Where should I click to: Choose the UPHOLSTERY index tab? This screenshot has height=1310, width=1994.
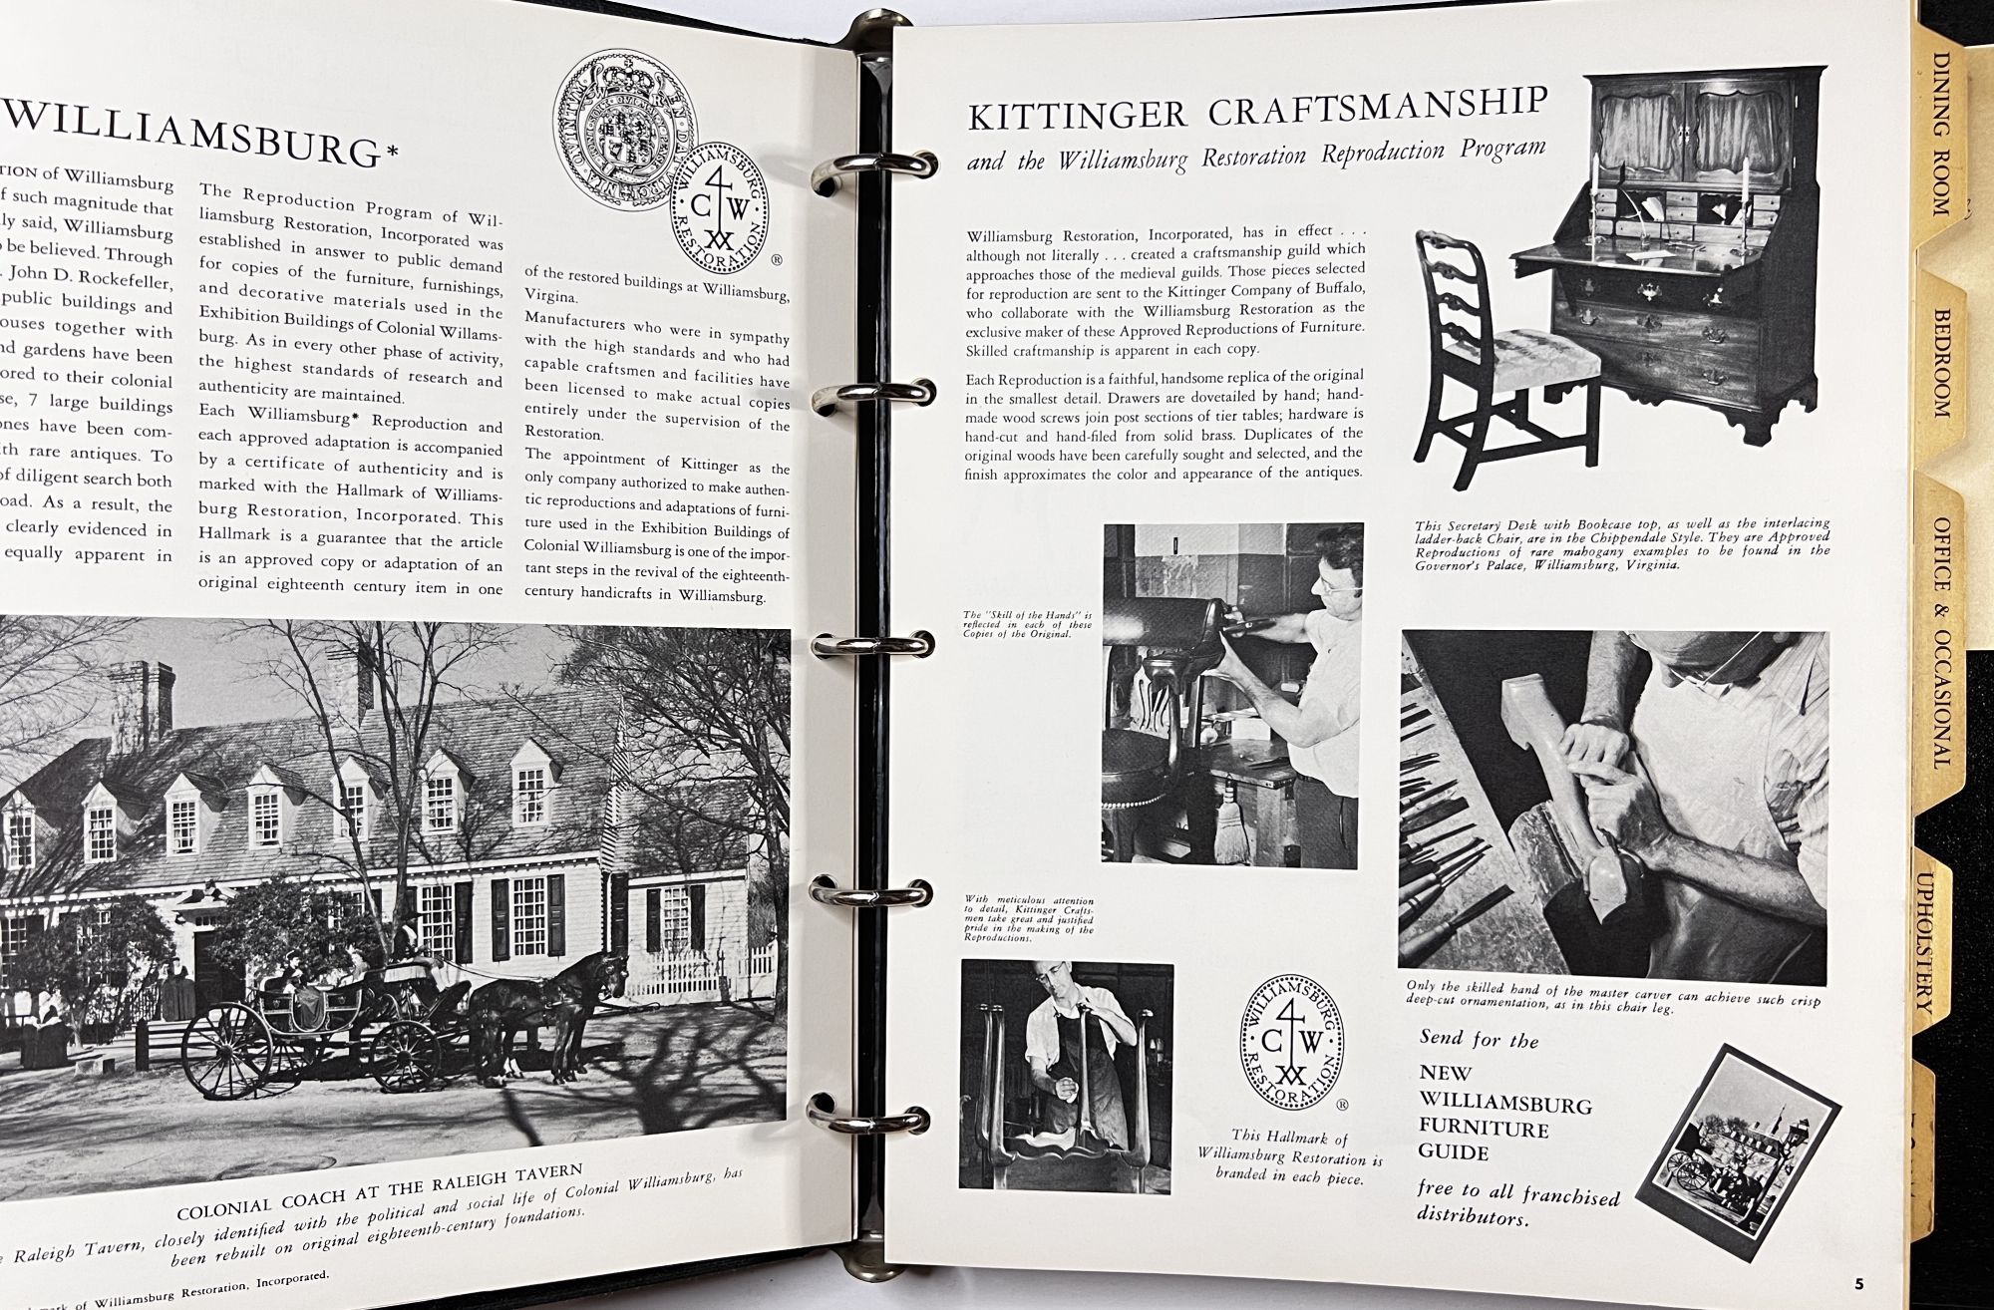tap(1924, 941)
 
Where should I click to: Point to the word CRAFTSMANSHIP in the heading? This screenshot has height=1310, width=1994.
tap(1376, 106)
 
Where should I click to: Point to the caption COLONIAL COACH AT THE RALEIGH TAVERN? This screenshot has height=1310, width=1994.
tap(379, 1203)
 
